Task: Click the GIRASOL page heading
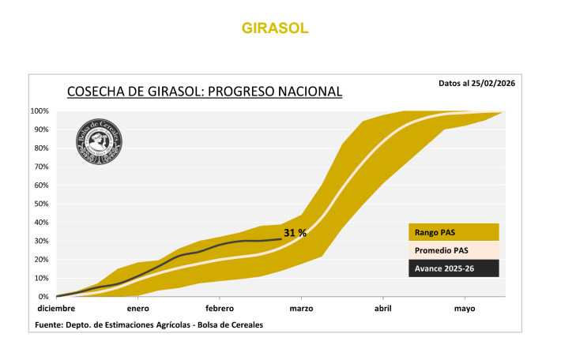pyautogui.click(x=275, y=28)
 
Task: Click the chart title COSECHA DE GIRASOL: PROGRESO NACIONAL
pyautogui.click(x=205, y=92)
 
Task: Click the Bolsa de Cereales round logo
pyautogui.click(x=99, y=142)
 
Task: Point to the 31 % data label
pyautogui.click(x=295, y=233)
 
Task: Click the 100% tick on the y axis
pyautogui.click(x=40, y=111)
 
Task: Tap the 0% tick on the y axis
pyautogui.click(x=44, y=297)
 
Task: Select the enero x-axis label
pyautogui.click(x=137, y=309)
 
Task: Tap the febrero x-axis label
pyautogui.click(x=219, y=309)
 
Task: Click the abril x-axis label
pyautogui.click(x=382, y=309)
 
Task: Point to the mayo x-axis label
pyautogui.click(x=465, y=309)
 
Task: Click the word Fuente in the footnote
pyautogui.click(x=50, y=324)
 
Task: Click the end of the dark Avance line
pyautogui.click(x=280, y=238)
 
